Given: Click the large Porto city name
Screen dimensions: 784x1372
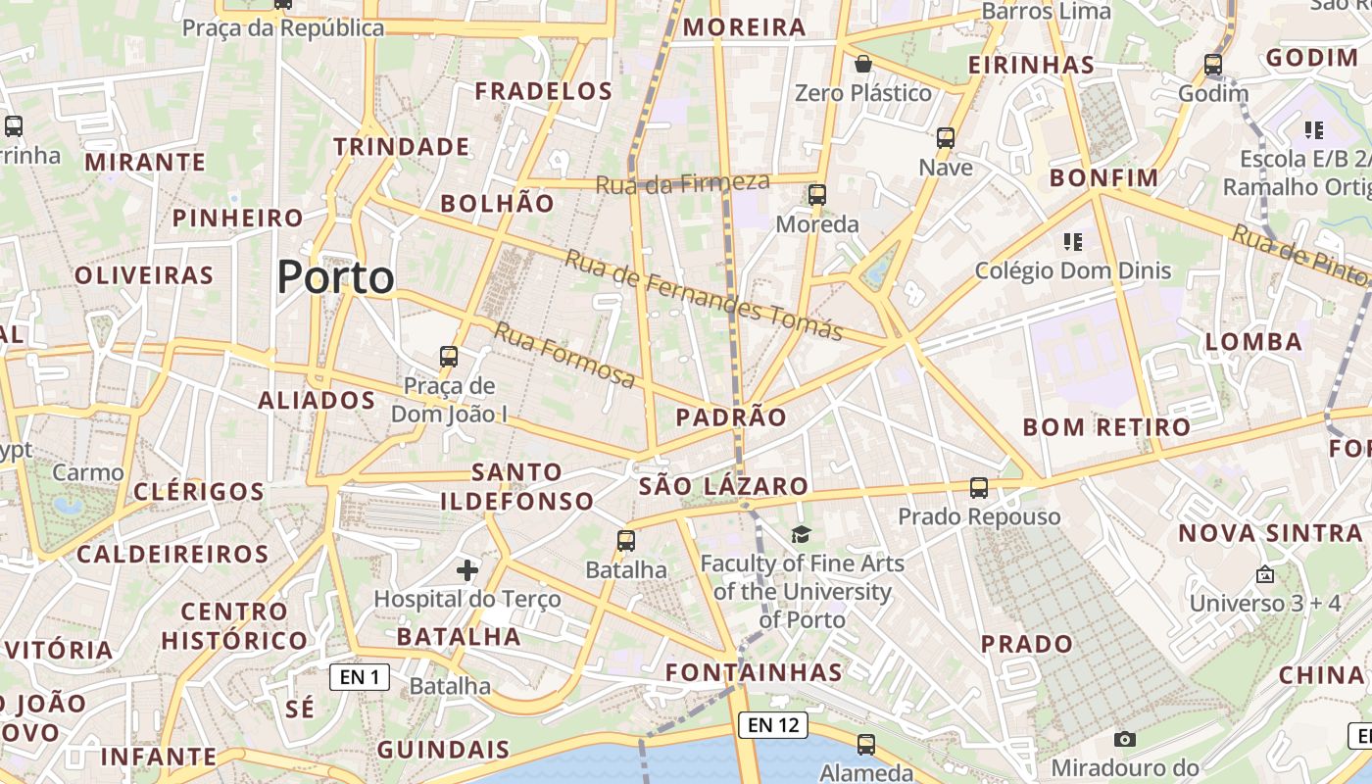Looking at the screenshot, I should pos(335,277).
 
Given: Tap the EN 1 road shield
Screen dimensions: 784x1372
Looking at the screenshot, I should pos(359,676).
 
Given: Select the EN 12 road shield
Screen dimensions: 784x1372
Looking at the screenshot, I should pos(773,725).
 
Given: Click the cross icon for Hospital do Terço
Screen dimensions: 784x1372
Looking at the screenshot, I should pos(467,569).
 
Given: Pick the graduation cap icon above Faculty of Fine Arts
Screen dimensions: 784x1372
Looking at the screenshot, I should pos(802,534).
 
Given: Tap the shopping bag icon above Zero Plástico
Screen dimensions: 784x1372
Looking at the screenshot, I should pos(863,65).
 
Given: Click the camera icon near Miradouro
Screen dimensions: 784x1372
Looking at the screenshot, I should pos(1125,739).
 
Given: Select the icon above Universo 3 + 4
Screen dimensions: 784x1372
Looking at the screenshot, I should pos(1265,574).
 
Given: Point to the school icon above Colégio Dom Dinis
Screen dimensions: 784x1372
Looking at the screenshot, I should pos(1072,241).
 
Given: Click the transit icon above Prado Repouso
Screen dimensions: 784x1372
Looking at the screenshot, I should pos(978,487).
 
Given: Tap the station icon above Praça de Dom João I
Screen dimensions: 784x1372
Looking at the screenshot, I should pos(449,357).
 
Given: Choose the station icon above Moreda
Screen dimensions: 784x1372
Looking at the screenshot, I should pos(817,195).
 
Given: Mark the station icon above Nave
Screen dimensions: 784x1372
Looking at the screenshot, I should pos(946,138).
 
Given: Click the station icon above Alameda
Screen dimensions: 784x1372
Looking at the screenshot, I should pos(866,745).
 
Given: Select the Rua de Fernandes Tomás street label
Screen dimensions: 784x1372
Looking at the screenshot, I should pos(704,294).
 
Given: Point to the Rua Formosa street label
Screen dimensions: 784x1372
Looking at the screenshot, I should pos(563,354).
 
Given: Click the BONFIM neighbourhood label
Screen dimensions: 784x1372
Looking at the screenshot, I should pos(1103,178).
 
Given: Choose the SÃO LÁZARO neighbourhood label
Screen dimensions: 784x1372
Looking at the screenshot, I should pos(723,486).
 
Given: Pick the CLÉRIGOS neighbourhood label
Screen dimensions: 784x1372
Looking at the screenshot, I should pos(198,491).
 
